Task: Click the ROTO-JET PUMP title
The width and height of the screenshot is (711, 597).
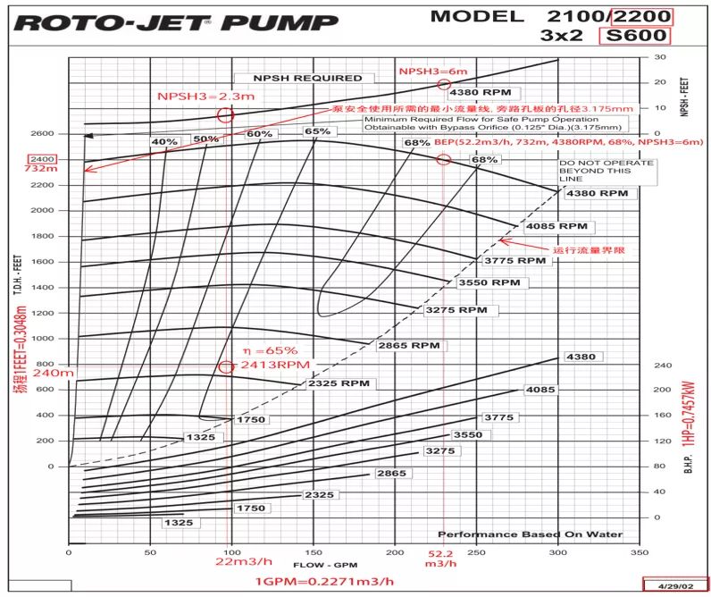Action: tap(176, 22)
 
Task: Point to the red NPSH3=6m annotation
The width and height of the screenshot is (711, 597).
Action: tap(432, 70)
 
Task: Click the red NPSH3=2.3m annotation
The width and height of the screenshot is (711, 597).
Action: tap(194, 96)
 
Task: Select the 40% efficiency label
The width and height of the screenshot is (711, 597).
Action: tap(164, 142)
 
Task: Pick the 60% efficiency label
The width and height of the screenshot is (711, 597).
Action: tap(259, 134)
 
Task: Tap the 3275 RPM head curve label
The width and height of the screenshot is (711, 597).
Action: tap(456, 310)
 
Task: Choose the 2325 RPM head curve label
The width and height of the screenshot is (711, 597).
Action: tap(339, 383)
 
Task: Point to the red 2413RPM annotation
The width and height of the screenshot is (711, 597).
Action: tap(266, 366)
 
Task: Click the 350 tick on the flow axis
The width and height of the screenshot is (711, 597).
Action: tap(640, 553)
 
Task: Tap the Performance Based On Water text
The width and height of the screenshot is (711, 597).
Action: tap(530, 534)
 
